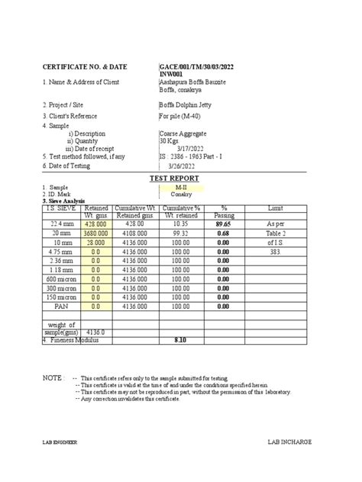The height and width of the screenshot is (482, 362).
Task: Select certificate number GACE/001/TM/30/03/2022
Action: coord(196,68)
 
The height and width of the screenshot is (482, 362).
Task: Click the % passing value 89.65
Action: coord(224,225)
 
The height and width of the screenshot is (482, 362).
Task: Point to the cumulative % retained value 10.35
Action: coord(180,225)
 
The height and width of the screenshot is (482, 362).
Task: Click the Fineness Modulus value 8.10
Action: coord(180,340)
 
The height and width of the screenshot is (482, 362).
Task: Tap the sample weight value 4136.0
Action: coord(95,333)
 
